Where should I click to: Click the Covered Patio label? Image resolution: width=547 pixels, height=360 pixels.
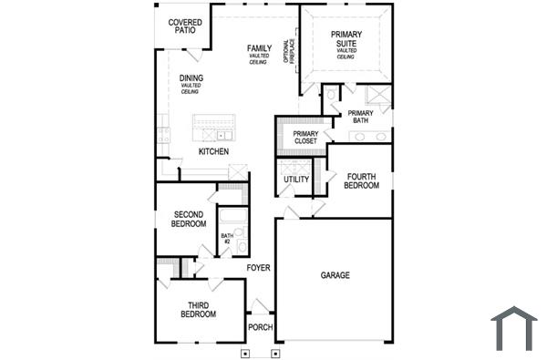[x=185, y=25]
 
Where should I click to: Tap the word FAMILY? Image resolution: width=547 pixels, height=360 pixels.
[x=259, y=47]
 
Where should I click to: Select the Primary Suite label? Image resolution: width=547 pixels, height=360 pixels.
[x=346, y=39]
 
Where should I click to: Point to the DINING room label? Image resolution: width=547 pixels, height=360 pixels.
[x=191, y=78]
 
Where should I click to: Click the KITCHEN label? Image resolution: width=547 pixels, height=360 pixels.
[x=213, y=151]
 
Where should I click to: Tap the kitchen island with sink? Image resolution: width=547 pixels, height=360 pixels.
[x=213, y=127]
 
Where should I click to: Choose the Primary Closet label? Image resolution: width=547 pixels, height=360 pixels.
[x=305, y=138]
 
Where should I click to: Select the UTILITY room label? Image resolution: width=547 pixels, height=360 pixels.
[x=296, y=180]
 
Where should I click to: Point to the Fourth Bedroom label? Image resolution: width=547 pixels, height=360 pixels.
[x=361, y=180]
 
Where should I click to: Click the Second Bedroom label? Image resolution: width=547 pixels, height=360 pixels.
[x=188, y=219]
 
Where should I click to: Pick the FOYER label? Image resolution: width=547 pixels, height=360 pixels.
[x=259, y=267]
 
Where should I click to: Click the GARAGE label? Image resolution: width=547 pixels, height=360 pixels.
[x=335, y=274]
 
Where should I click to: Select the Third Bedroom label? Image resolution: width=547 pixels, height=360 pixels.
[x=201, y=310]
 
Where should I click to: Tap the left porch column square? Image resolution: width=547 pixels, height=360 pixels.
[x=244, y=351]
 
